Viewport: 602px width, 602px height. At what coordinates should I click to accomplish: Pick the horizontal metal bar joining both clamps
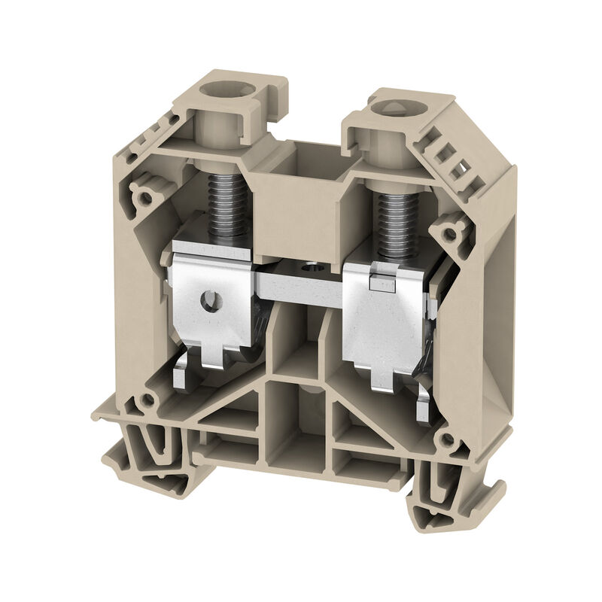pyautogui.click(x=301, y=283)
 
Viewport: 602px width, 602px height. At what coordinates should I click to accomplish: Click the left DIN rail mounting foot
pyautogui.click(x=150, y=451)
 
